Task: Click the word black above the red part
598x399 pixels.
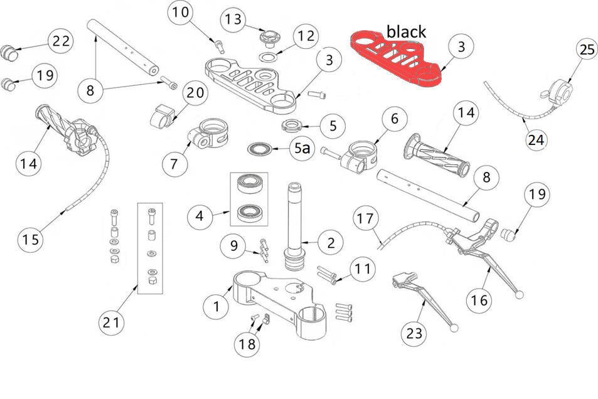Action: click(x=406, y=31)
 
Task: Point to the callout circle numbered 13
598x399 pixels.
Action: click(x=233, y=19)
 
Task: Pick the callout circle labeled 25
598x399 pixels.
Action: click(x=587, y=51)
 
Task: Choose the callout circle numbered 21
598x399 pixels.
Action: click(x=111, y=322)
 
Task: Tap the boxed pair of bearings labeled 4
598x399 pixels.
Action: click(x=248, y=198)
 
